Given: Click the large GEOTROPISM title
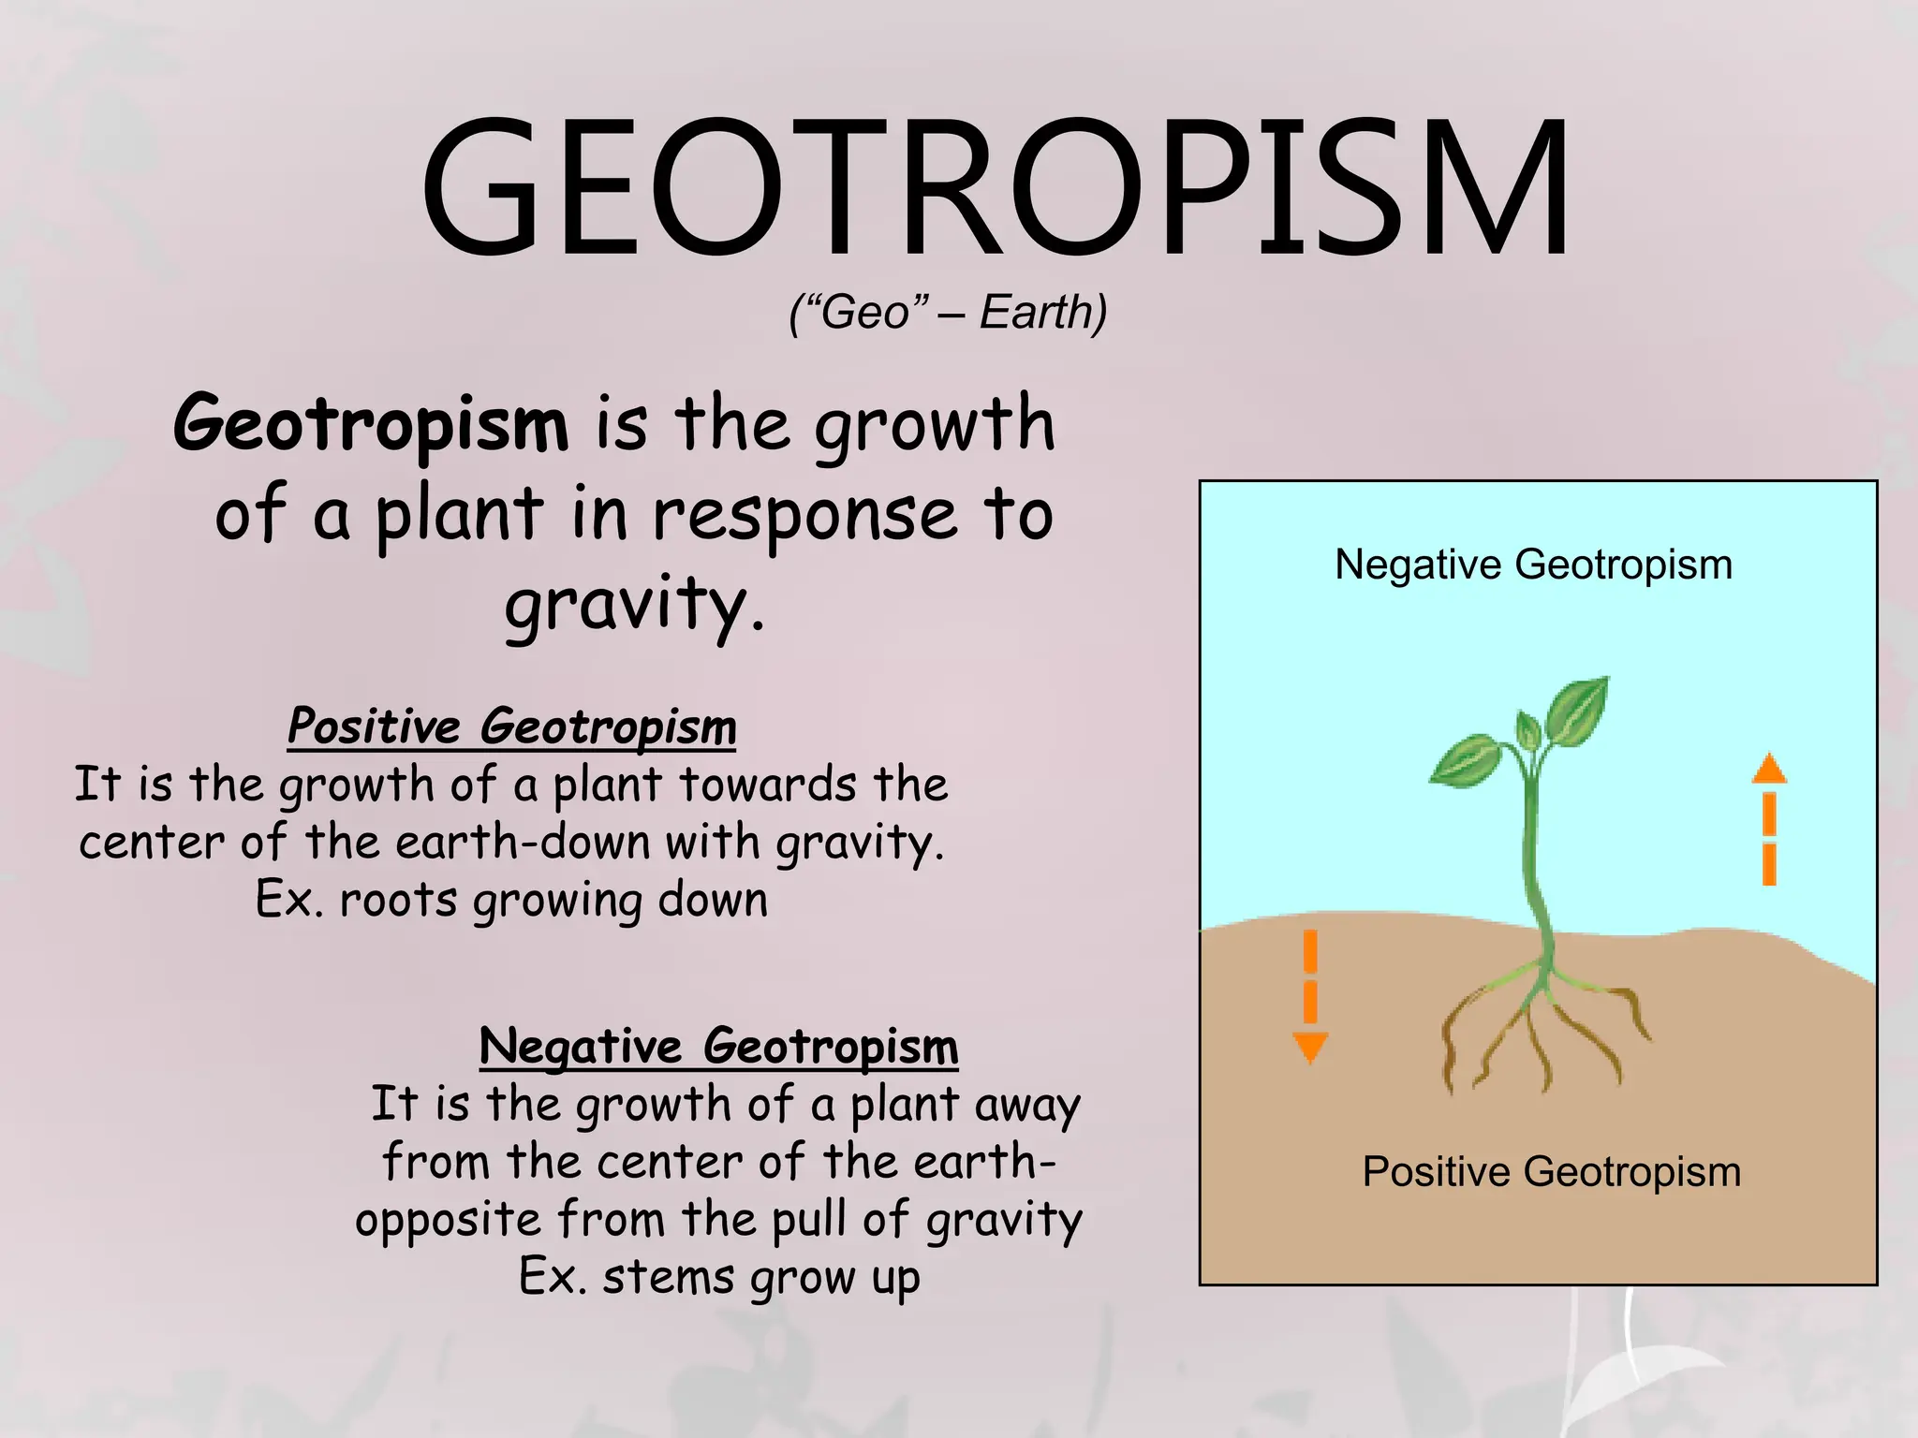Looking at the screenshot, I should pos(995,187).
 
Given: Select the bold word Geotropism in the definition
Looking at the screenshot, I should pos(371,423).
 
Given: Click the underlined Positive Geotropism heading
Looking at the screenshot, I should pos(511,726).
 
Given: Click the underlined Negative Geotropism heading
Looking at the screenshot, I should pos(718,1046).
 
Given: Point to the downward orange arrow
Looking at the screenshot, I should pos(1310,997).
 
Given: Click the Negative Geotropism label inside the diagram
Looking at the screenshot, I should pos(1533,565).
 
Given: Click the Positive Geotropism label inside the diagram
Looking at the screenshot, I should pos(1551,1172).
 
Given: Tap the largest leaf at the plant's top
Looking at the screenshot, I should pos(1578,712).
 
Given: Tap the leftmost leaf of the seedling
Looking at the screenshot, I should pos(1468,759).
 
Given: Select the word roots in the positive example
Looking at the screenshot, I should pos(398,901).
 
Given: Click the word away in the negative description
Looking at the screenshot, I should pos(1027,1106).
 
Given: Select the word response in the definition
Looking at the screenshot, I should pos(805,515).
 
